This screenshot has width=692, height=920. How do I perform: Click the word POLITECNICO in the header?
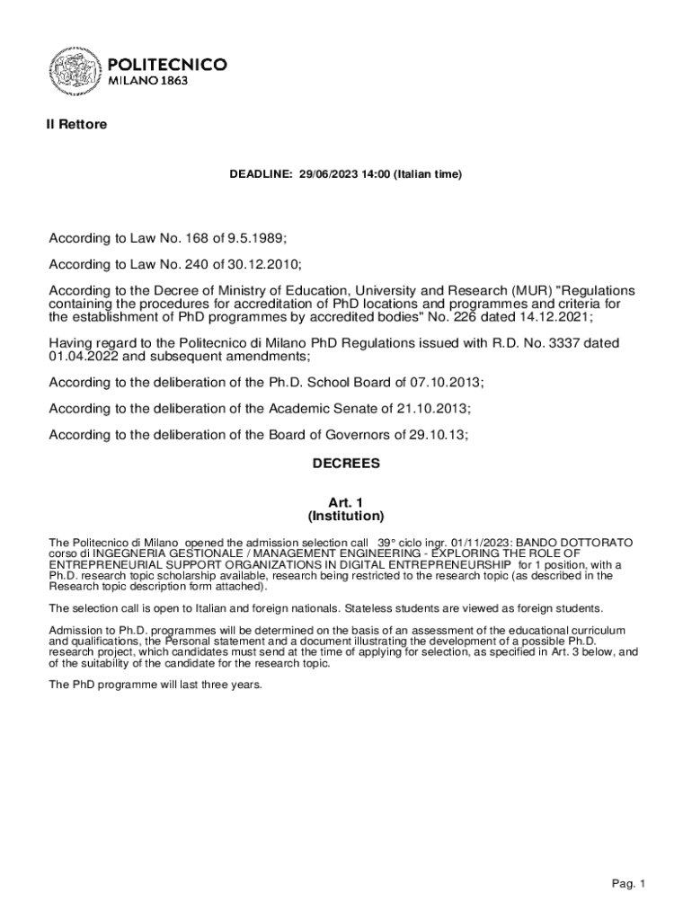point(167,65)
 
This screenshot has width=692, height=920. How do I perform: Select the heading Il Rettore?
point(76,125)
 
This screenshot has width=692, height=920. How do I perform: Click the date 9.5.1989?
point(254,238)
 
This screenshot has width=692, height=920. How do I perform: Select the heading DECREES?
point(346,464)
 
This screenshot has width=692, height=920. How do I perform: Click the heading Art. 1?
point(346,503)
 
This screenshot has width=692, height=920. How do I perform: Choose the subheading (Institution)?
point(346,517)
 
